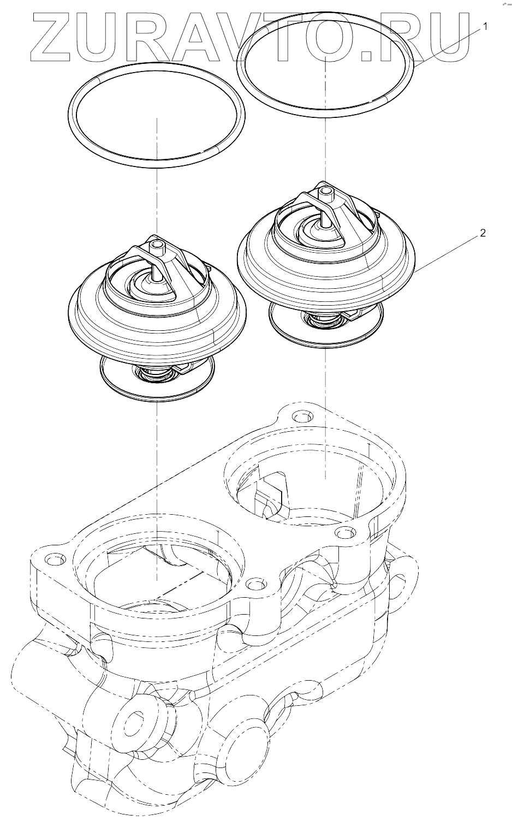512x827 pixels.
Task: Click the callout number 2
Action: tap(483, 234)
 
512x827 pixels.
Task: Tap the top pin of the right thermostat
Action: tap(325, 193)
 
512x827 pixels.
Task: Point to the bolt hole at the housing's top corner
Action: tap(300, 417)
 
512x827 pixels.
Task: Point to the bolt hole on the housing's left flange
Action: tap(53, 560)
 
